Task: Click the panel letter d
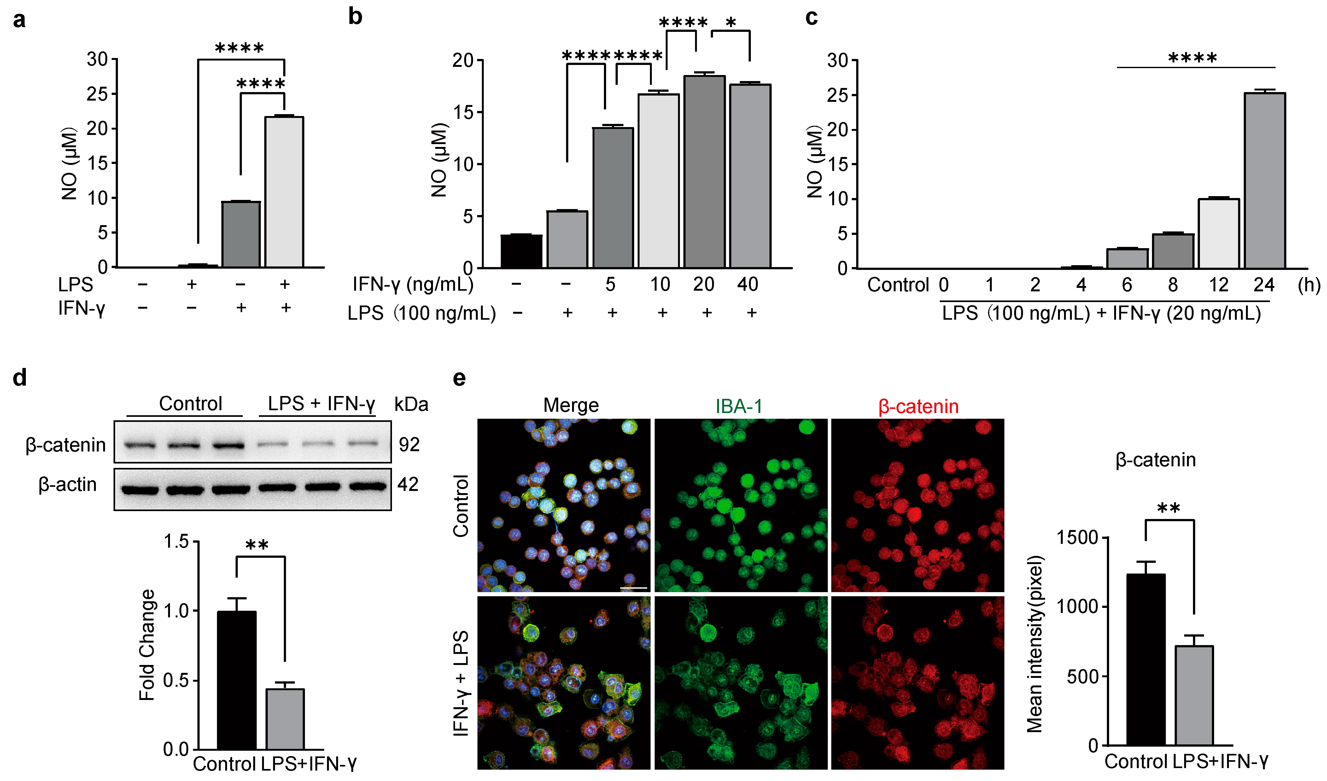(20, 378)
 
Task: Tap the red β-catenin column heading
(918, 406)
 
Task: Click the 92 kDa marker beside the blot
(409, 445)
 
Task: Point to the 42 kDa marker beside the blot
(408, 484)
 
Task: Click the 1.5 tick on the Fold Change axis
(176, 541)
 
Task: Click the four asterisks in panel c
(1192, 58)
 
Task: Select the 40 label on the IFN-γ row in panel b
(747, 284)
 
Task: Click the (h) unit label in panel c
(1309, 285)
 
